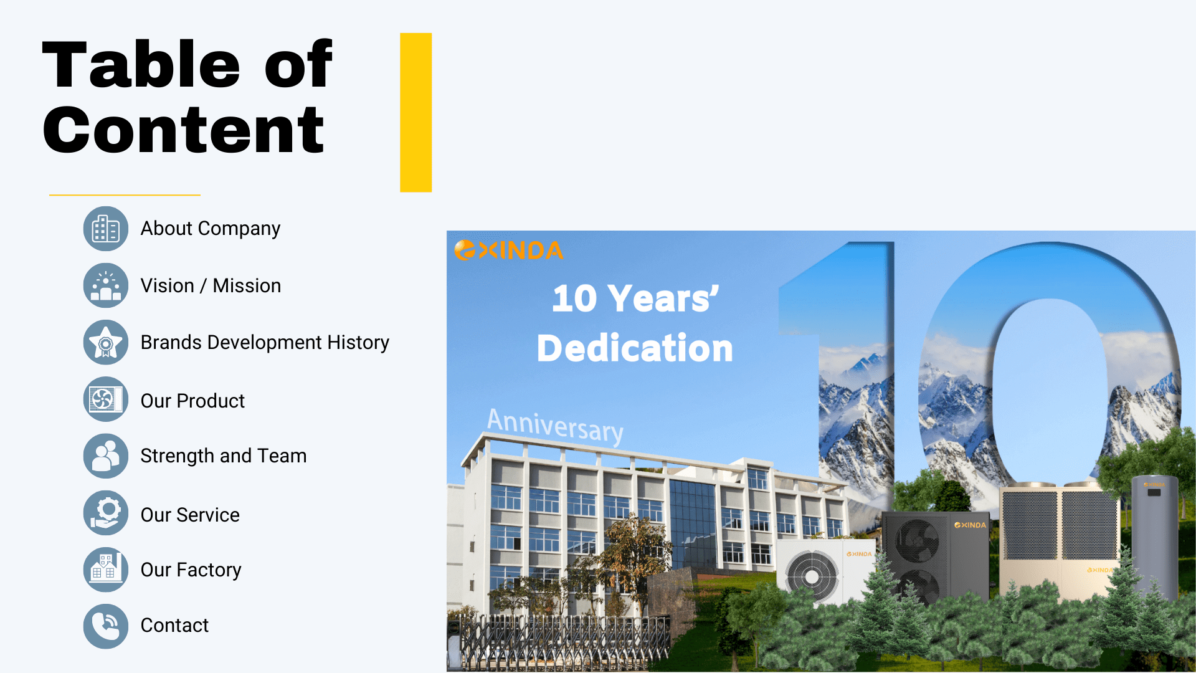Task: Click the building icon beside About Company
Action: (106, 229)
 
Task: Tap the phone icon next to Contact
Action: (106, 626)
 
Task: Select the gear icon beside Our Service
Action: (106, 513)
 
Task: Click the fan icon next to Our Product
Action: (106, 399)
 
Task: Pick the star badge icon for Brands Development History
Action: (106, 342)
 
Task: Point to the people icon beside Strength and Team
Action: (106, 456)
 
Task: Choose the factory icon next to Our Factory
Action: (106, 570)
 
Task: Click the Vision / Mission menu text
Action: (211, 285)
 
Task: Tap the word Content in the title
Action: (183, 130)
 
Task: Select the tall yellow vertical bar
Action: (416, 112)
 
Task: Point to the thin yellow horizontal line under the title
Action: (125, 195)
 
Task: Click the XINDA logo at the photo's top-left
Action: (508, 250)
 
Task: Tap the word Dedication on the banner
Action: (635, 348)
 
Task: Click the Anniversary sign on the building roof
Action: (555, 426)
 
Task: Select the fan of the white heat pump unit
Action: (812, 576)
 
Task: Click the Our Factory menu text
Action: (191, 570)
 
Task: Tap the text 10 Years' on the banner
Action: (635, 298)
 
